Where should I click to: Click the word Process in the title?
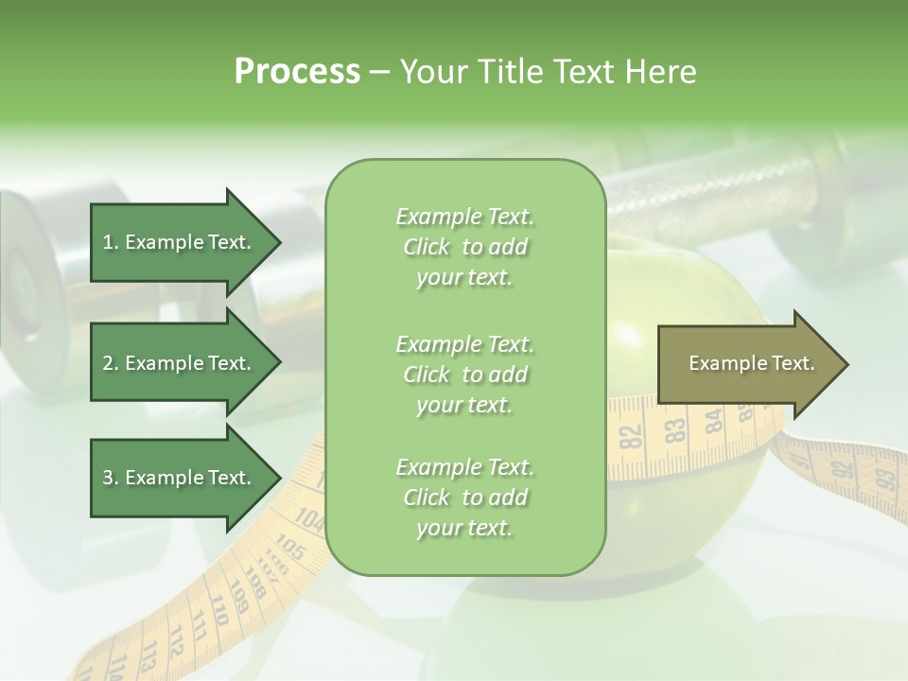pyautogui.click(x=297, y=72)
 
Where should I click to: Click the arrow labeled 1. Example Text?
pyautogui.click(x=177, y=242)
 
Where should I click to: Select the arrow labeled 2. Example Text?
pyautogui.click(x=177, y=363)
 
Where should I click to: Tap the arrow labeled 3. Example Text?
pyautogui.click(x=177, y=478)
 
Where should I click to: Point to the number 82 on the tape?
pyautogui.click(x=631, y=437)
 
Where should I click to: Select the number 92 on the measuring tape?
pyautogui.click(x=842, y=467)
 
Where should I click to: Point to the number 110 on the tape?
pyautogui.click(x=218, y=609)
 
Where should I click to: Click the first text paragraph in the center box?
pyautogui.click(x=464, y=247)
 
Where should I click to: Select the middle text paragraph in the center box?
pyautogui.click(x=464, y=374)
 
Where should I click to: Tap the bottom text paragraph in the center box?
pyautogui.click(x=464, y=498)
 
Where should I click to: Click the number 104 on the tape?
pyautogui.click(x=308, y=517)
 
